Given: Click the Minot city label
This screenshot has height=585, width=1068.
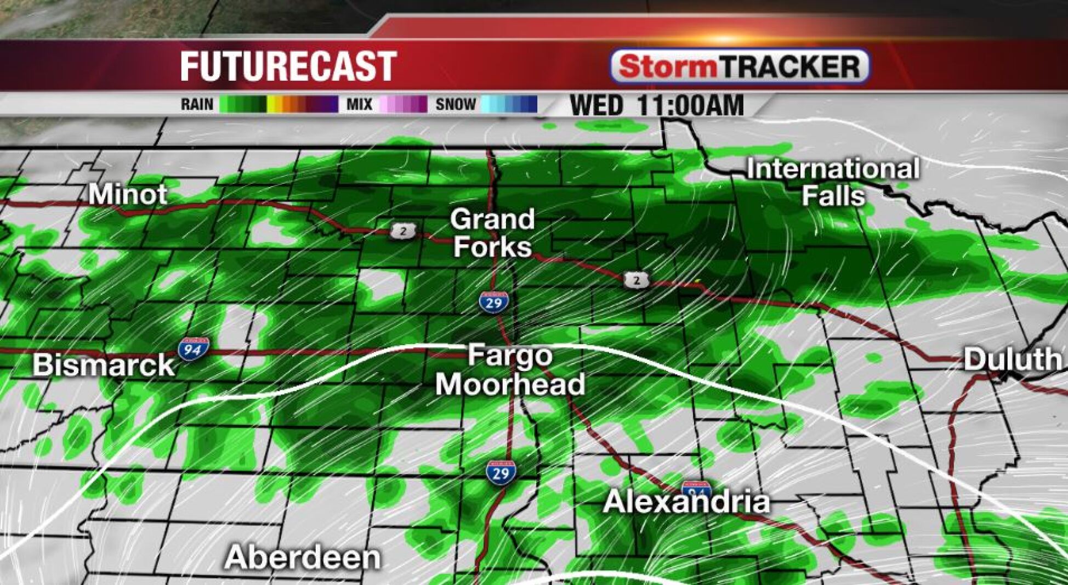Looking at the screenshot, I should [128, 194].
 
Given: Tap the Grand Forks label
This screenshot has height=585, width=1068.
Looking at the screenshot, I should [492, 233].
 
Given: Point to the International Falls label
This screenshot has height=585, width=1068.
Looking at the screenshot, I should [833, 182].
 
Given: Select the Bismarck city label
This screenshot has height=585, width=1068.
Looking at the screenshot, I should [104, 365].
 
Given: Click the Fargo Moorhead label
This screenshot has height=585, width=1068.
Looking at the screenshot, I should [510, 370].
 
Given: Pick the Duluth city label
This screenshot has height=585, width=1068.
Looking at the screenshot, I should [1012, 360].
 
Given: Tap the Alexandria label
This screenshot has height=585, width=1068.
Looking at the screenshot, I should [686, 502].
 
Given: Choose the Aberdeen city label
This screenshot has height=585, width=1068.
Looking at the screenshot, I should [303, 558].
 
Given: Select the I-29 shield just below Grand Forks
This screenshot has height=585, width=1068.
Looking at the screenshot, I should [493, 302].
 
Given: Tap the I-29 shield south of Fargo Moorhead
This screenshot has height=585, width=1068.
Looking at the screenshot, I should [501, 473].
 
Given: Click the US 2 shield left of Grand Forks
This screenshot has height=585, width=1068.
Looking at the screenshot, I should [404, 231].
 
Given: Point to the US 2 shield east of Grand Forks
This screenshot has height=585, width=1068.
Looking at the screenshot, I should [636, 280].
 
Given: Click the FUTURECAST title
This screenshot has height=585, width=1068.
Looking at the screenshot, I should [288, 66].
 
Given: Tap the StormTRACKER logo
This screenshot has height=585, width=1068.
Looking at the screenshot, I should [740, 67].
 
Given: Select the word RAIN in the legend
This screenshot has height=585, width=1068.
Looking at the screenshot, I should [197, 104].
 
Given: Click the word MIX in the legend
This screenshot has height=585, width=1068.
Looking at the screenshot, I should [359, 104].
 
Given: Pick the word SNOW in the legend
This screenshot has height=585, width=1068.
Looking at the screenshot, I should [456, 104].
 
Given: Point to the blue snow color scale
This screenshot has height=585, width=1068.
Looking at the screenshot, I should [509, 104].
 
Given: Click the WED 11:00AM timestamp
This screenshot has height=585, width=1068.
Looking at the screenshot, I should [657, 105].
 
